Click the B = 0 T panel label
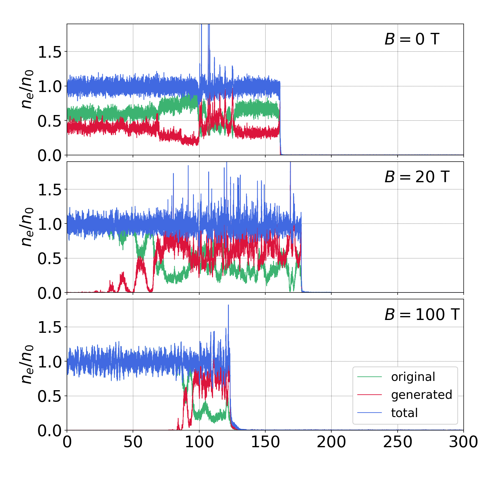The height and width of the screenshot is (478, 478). [412, 39]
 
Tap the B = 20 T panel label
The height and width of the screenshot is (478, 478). [417, 177]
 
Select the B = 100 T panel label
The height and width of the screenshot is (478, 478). [422, 315]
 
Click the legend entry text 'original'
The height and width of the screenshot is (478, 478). [413, 377]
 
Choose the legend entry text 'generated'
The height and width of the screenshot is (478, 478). [422, 395]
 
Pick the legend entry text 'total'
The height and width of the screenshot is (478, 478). [404, 413]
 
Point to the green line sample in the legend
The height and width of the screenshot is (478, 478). [370, 377]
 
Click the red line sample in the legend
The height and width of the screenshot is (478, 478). [370, 395]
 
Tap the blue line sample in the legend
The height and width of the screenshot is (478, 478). [370, 413]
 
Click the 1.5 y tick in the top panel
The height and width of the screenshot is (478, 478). [49, 52]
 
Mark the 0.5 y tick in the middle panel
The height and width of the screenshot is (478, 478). [49, 259]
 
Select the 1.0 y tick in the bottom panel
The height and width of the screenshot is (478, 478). [49, 362]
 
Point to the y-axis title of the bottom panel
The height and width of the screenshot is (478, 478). [26, 364]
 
